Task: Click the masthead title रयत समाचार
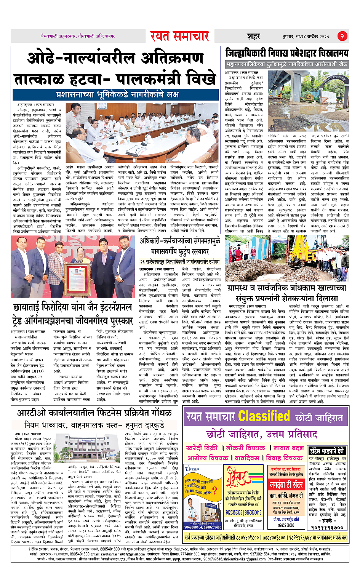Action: (179, 36)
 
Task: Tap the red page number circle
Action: (342, 36)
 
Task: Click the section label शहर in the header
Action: (253, 37)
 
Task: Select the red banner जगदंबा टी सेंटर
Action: (286, 485)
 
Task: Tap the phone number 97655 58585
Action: (286, 525)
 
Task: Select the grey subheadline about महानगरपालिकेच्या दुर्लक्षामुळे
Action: (286, 64)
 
